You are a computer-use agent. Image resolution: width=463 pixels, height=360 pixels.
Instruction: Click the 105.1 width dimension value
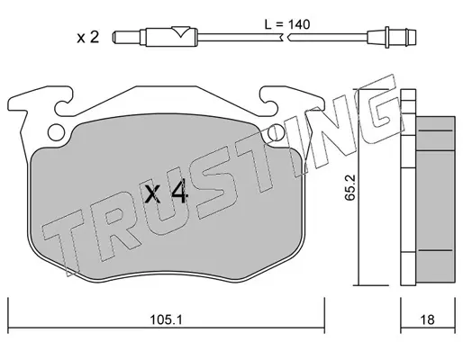(166, 319)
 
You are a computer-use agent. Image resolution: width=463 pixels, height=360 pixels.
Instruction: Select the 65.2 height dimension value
(350, 187)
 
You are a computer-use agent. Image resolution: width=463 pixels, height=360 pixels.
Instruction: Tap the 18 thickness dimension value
(427, 319)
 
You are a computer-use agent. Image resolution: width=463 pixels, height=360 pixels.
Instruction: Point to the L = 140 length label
(287, 24)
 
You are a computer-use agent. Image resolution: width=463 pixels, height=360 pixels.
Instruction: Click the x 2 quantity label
(88, 38)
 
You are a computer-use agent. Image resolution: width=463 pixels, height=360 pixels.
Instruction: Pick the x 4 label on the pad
(166, 193)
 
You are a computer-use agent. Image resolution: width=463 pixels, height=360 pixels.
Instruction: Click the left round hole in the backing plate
(56, 132)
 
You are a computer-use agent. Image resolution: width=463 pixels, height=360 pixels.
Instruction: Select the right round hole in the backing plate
(276, 132)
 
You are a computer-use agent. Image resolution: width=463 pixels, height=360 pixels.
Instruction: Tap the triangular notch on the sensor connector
(180, 31)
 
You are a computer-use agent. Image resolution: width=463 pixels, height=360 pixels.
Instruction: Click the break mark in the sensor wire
(286, 38)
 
